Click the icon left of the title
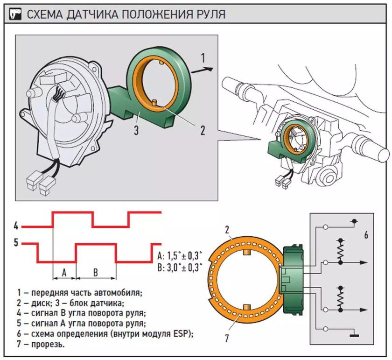(x=14, y=14)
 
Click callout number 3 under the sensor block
(x=136, y=130)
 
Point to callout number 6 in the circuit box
(x=366, y=235)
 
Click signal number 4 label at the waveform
(x=16, y=226)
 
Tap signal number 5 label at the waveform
(x=16, y=243)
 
